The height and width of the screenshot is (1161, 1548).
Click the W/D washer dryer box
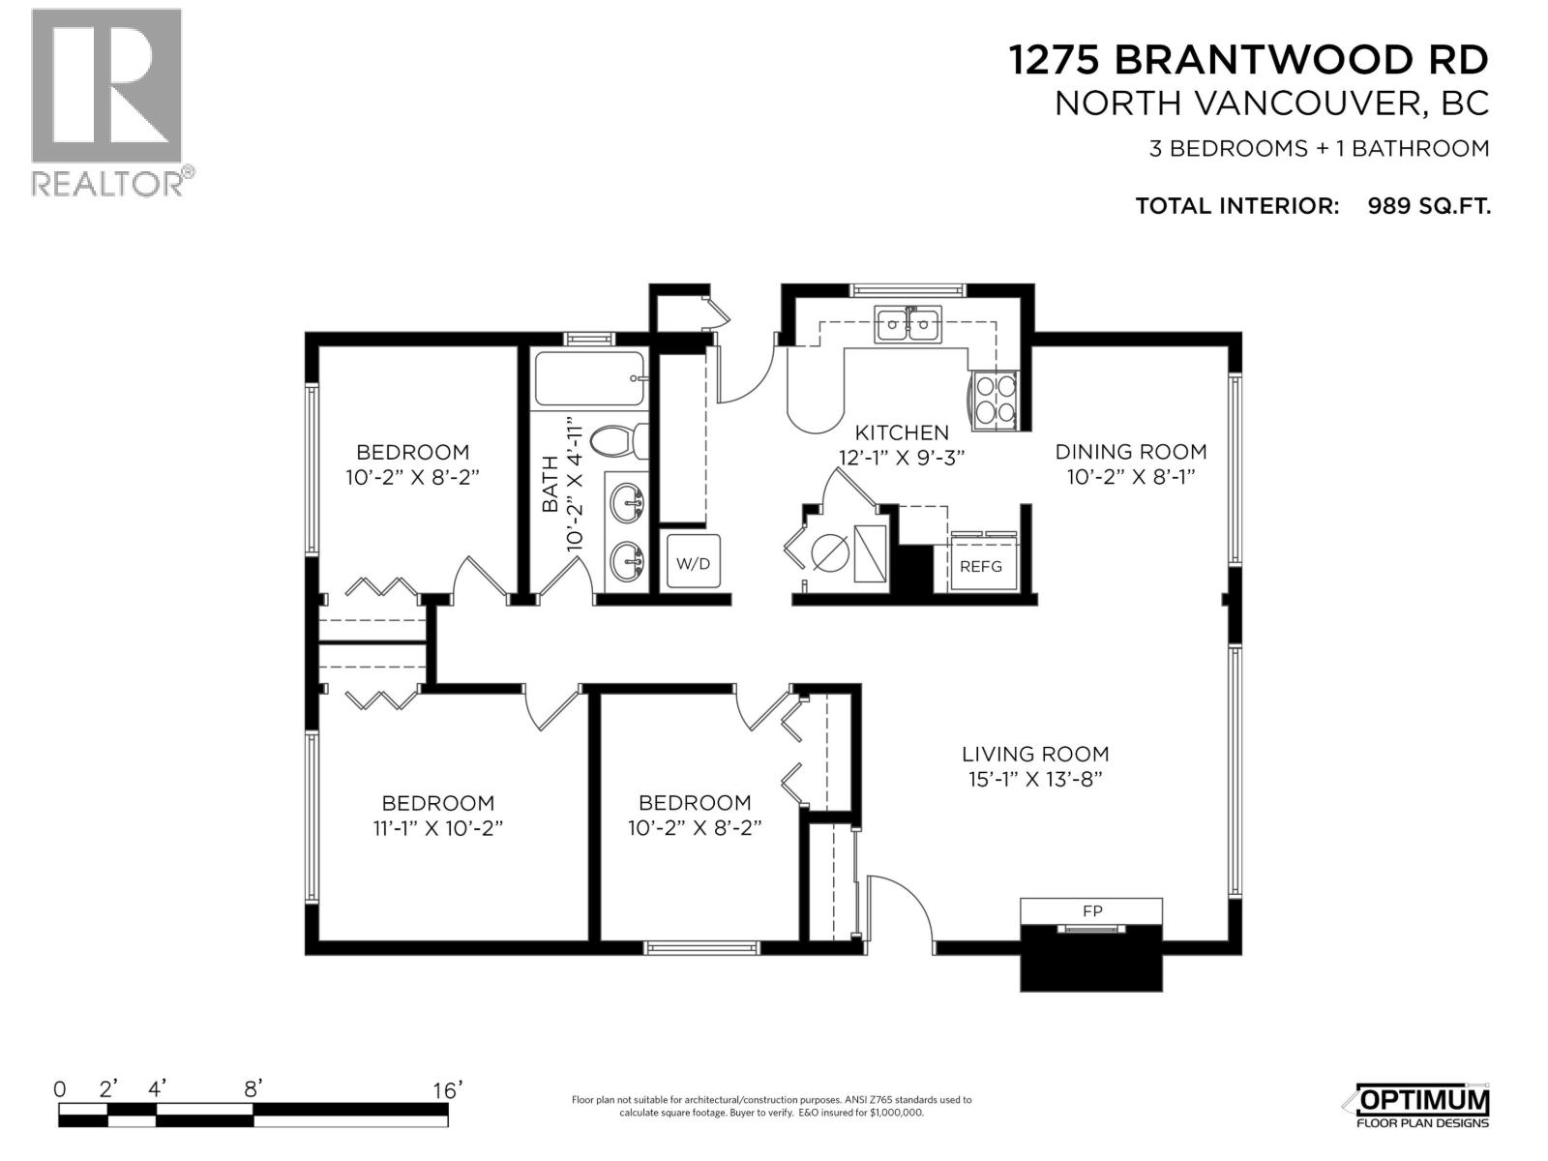click(x=693, y=563)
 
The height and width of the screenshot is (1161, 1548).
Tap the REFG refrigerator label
click(x=981, y=567)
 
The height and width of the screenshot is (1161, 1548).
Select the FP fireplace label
click(x=1092, y=910)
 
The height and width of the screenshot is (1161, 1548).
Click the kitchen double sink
click(x=908, y=325)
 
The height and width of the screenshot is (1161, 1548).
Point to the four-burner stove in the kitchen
click(x=995, y=399)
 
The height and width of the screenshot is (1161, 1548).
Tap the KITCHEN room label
click(x=901, y=432)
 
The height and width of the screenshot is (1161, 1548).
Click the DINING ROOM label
click(x=1130, y=451)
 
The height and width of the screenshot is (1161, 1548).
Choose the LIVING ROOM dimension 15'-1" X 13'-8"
click(x=1034, y=780)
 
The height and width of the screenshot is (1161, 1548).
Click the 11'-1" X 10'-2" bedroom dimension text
click(x=438, y=829)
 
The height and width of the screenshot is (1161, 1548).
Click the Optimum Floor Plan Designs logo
click(x=1422, y=1106)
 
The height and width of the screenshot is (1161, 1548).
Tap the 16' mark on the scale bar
click(x=447, y=1089)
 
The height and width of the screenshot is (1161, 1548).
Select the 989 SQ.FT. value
click(x=1428, y=206)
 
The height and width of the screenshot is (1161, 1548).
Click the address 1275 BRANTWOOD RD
click(x=1248, y=60)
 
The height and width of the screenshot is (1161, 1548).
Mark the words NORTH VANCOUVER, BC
click(x=1270, y=104)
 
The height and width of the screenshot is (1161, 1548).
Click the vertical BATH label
click(x=550, y=484)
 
